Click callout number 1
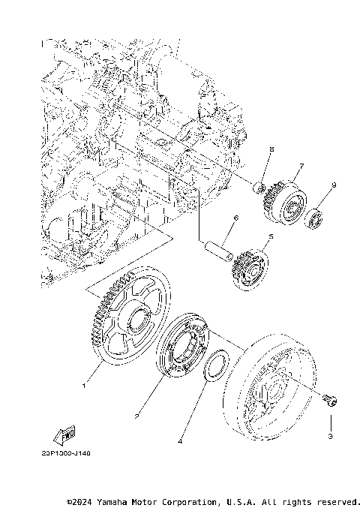[84, 386]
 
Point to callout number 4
[180, 441]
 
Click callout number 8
[271, 150]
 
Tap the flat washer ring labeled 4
[218, 366]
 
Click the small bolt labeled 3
[329, 399]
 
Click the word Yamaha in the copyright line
[117, 500]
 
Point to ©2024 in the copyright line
[81, 500]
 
